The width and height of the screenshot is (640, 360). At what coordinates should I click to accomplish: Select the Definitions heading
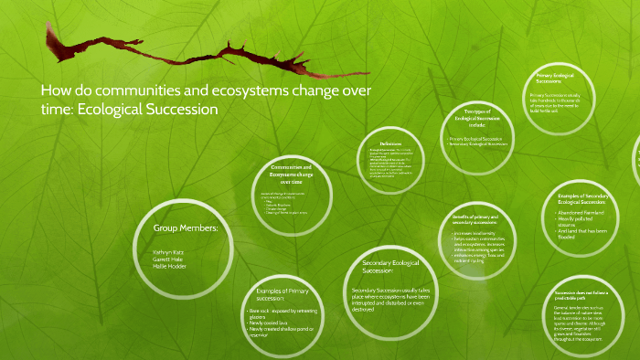[391, 143]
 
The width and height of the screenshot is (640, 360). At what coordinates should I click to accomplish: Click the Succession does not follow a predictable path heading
[586, 295]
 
